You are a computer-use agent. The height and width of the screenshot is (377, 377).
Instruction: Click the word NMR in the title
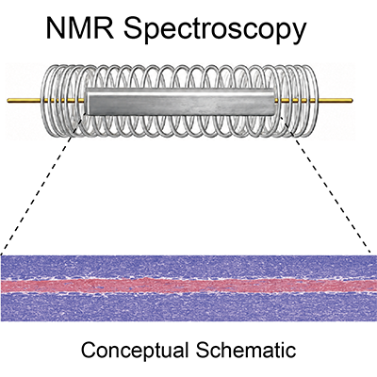point(80,28)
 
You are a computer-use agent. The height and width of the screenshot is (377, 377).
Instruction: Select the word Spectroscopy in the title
point(215,30)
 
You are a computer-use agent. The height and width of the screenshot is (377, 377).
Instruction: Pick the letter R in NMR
point(105,28)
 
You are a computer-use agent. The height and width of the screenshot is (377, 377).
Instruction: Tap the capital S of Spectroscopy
point(133,28)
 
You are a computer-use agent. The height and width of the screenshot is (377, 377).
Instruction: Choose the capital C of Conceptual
point(90,349)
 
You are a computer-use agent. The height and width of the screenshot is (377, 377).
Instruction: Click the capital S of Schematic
point(204,349)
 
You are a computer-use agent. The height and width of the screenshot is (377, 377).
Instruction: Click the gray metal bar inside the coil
point(181,102)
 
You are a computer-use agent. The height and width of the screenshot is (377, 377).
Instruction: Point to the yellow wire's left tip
point(8,101)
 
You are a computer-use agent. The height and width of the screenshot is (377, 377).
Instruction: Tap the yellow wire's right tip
point(352,101)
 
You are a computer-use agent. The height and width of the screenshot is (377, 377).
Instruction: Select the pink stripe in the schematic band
point(188,286)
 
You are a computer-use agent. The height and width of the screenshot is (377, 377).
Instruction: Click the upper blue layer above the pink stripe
point(188,267)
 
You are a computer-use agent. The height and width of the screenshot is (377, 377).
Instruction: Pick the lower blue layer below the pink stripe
point(188,307)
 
